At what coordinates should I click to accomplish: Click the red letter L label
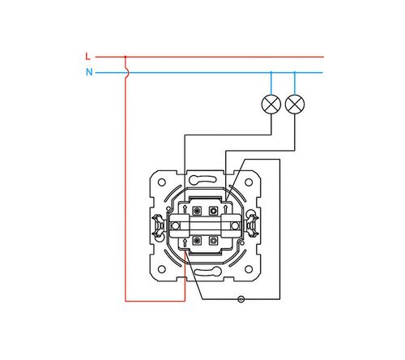pos(87,57)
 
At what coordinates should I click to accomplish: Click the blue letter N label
pos(89,72)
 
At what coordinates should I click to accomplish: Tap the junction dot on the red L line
pos(126,57)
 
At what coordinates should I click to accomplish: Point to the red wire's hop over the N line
pos(127,72)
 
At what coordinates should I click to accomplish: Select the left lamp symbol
pos(271,105)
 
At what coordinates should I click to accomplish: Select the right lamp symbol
pos(295,105)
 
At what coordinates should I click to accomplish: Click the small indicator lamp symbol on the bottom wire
pos(241,299)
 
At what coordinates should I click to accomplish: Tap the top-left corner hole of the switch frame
pos(161,182)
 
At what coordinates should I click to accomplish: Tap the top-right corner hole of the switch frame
pos(249,182)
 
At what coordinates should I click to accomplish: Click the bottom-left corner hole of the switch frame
pos(161,269)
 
